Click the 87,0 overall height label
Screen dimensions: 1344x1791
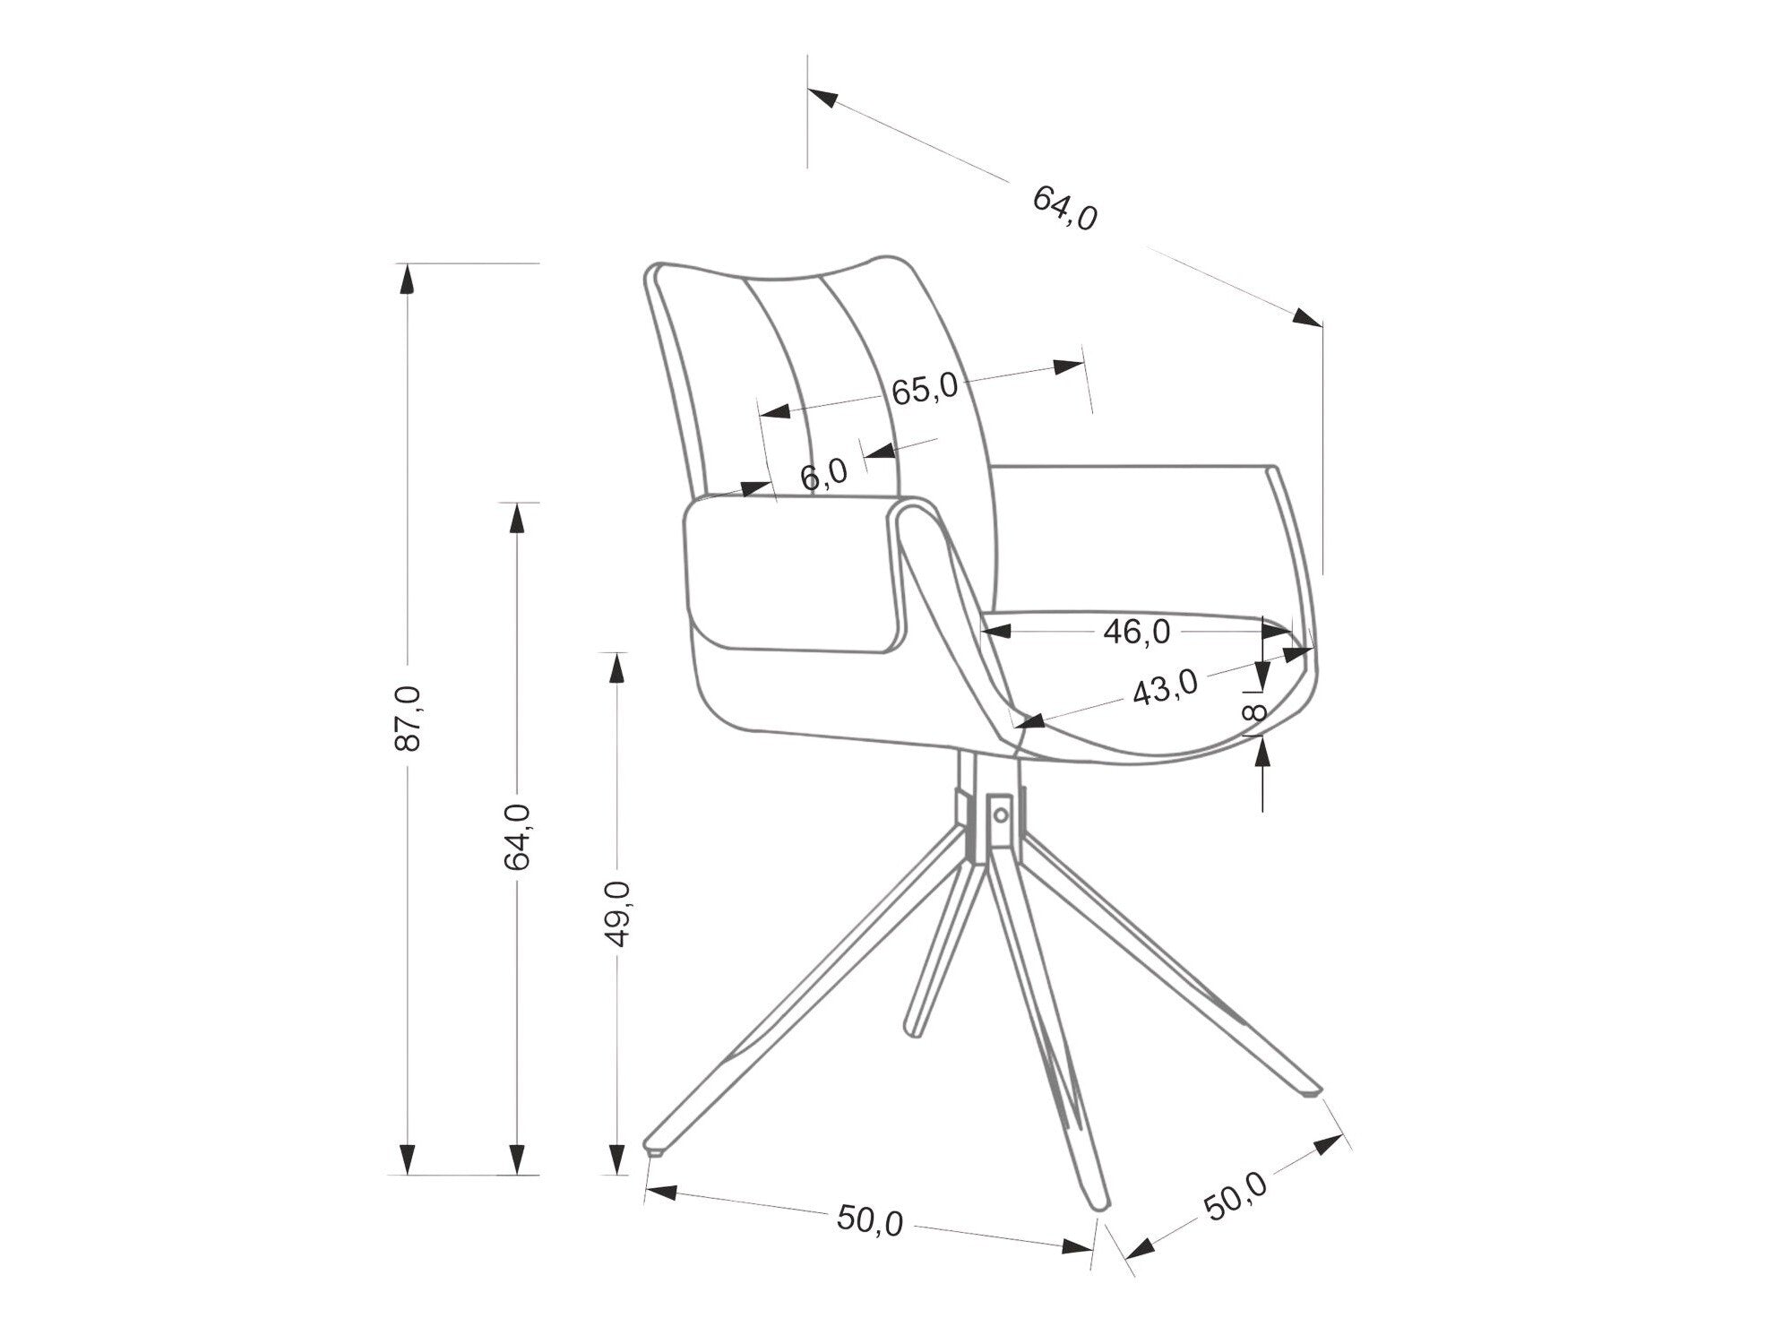pos(408,717)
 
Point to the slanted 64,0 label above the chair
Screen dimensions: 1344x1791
pos(1064,209)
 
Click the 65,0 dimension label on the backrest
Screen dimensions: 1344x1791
pos(925,390)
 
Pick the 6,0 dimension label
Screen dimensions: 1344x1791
pos(823,471)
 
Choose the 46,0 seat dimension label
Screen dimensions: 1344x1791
pos(1136,632)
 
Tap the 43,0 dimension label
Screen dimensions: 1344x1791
pos(1164,689)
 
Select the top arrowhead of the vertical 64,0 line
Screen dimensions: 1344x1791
pos(517,518)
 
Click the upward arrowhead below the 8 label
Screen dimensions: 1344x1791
pos(1262,754)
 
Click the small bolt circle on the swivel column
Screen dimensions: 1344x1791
pos(1001,814)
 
